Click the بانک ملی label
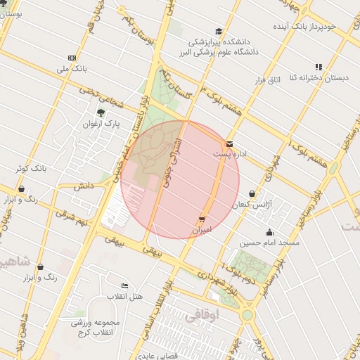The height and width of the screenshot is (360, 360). click(x=72, y=70)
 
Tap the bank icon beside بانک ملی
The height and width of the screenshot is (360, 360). click(x=72, y=58)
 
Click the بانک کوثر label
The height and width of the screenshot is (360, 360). click(x=31, y=169)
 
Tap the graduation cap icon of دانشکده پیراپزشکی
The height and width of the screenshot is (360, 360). click(x=219, y=32)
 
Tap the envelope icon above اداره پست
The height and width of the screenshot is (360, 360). click(x=230, y=143)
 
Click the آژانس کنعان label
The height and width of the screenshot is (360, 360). click(x=251, y=204)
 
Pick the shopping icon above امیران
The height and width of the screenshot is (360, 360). click(x=202, y=219)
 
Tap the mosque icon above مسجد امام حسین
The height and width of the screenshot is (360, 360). click(x=269, y=232)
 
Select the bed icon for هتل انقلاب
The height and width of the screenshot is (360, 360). click(x=124, y=285)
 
